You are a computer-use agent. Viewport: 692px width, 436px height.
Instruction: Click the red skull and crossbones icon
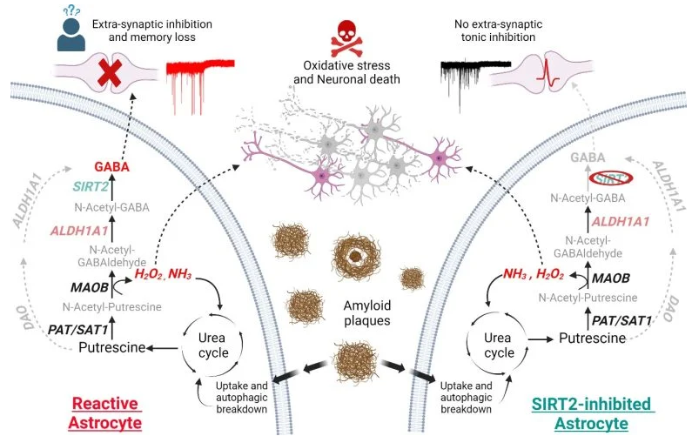coord(345,36)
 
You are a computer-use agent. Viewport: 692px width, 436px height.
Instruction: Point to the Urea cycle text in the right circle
coord(498,345)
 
